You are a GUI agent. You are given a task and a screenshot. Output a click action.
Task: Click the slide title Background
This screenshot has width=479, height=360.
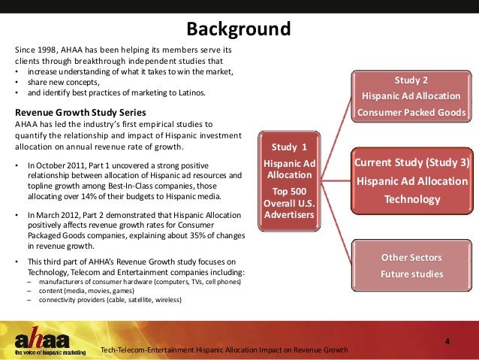(x=239, y=30)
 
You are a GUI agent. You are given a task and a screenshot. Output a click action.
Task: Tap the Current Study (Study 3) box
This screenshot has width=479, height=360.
(x=411, y=180)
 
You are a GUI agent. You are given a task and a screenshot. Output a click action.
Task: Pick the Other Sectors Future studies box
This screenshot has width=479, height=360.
(x=411, y=265)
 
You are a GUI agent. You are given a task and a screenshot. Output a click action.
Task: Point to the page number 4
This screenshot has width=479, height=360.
(x=447, y=343)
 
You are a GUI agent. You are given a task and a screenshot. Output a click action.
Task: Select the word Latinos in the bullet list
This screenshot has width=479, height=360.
(x=188, y=93)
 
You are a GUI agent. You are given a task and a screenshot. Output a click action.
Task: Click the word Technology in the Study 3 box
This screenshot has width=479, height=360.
(x=411, y=199)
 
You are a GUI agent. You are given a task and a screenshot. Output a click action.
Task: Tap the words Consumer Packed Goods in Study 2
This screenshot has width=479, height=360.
(x=411, y=113)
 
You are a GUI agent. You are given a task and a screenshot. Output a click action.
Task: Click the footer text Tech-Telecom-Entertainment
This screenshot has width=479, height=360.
(x=148, y=350)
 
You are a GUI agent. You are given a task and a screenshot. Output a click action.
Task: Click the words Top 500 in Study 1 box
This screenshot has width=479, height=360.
(x=288, y=192)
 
